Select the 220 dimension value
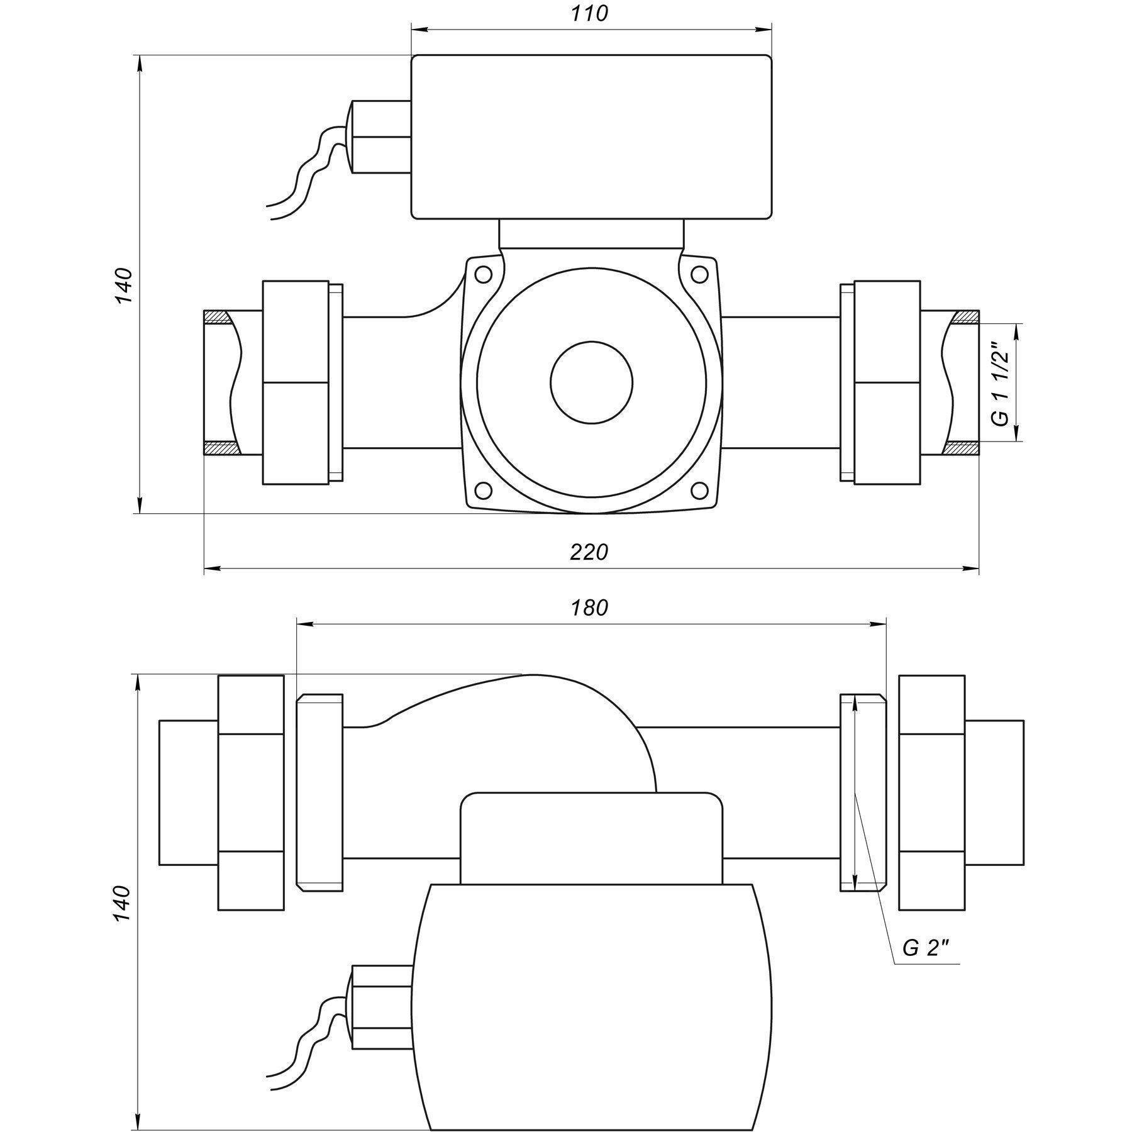tap(589, 552)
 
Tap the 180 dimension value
tap(589, 608)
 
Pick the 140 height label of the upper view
tap(124, 286)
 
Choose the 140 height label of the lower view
tap(123, 904)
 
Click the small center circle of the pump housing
tap(591, 382)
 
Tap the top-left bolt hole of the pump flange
tap(483, 274)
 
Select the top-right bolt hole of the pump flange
tap(699, 274)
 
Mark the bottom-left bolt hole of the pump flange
tap(483, 489)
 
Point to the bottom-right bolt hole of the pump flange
tap(699, 489)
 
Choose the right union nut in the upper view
tap(887, 382)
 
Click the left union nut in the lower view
tap(251, 792)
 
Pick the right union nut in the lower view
tap(931, 792)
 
